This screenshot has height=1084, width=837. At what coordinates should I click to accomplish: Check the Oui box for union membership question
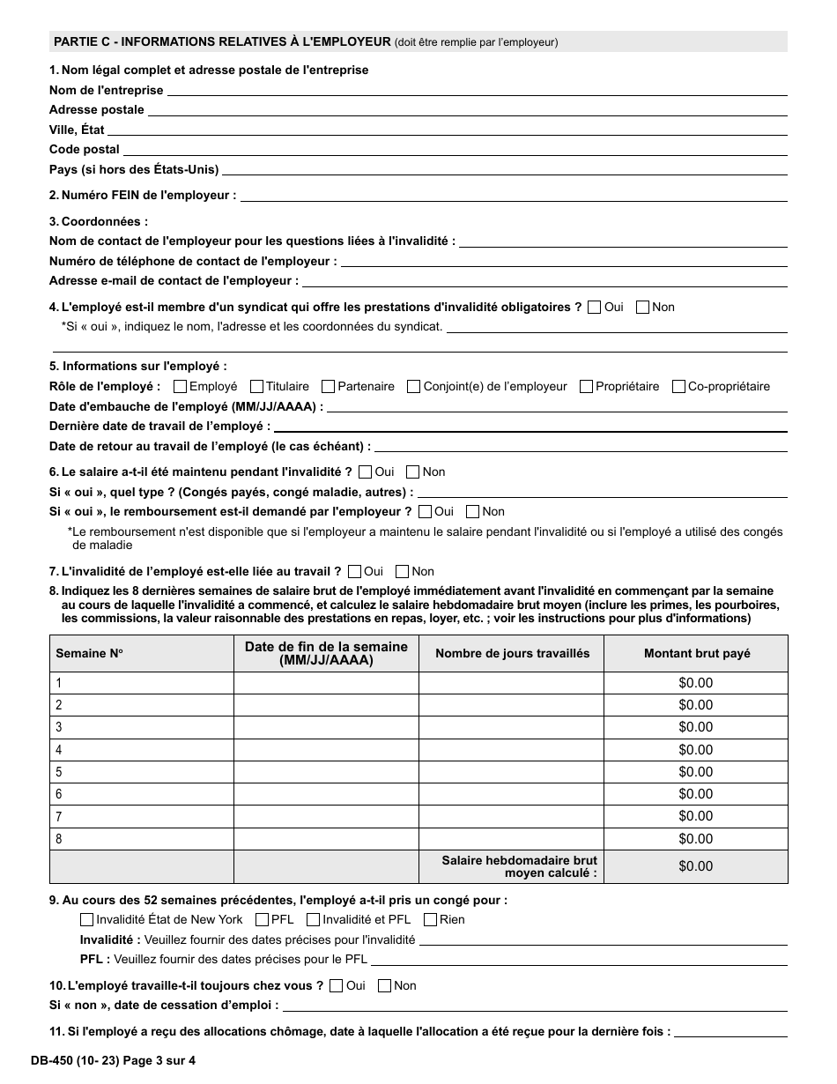[x=594, y=308]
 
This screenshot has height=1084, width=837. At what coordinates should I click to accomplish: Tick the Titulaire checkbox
[x=257, y=386]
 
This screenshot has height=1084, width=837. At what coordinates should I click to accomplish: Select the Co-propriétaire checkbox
[x=679, y=386]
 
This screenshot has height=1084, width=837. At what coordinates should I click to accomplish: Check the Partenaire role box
[x=329, y=386]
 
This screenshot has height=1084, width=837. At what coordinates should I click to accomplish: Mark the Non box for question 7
[x=402, y=571]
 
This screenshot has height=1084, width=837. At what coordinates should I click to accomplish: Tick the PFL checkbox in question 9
[x=262, y=920]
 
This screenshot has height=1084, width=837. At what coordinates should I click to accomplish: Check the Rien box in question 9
[x=430, y=920]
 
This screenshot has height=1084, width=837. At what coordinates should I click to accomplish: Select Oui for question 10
[x=336, y=986]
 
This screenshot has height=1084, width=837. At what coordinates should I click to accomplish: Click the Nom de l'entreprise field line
[x=476, y=91]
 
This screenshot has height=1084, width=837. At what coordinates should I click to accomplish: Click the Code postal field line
[x=454, y=150]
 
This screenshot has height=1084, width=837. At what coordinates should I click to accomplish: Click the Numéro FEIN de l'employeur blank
[x=513, y=196]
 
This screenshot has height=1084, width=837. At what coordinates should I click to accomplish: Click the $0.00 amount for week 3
[x=695, y=727]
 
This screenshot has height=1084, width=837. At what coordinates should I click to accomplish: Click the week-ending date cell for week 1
[x=326, y=683]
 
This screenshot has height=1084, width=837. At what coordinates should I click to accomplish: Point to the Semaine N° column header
[x=90, y=654]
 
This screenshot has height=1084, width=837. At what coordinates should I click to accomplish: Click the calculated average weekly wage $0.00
[x=695, y=866]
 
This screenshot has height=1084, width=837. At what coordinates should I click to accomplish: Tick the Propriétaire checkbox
[x=586, y=386]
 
